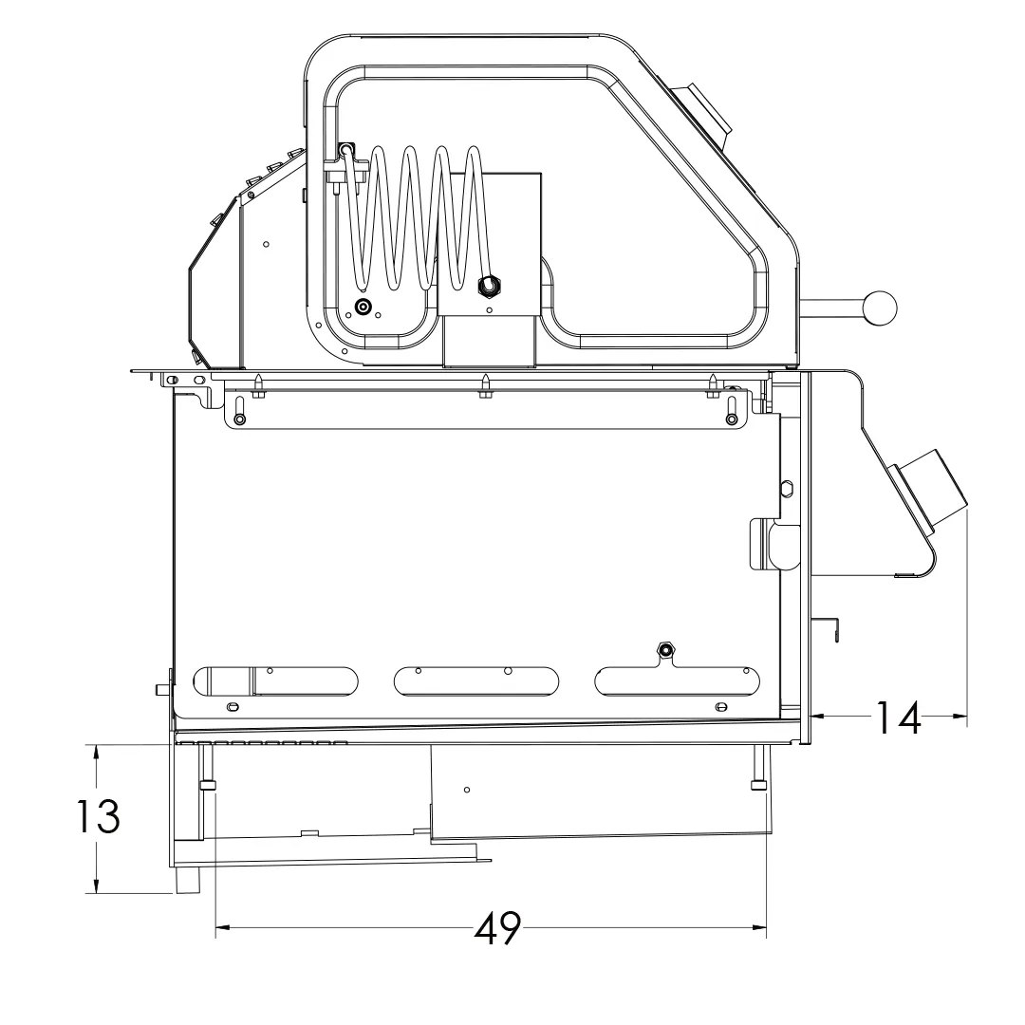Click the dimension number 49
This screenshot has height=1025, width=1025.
497,927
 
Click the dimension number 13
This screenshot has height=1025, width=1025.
98,816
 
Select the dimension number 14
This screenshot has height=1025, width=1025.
897,717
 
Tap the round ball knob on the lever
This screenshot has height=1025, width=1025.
879,307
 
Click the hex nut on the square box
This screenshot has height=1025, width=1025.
489,285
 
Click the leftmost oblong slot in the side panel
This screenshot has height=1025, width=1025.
276,681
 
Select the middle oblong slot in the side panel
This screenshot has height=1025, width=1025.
476,681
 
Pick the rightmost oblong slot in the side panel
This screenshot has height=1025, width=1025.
678,681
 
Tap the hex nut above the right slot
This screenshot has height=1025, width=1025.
664,650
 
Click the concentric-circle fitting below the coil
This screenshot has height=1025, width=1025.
363,306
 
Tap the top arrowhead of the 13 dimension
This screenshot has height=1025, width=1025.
97,753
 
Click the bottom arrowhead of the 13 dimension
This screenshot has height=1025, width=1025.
97,885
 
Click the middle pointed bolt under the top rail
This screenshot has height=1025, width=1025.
485,385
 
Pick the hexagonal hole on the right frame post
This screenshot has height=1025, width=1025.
787,488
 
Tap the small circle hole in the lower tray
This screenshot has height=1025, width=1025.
467,790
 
